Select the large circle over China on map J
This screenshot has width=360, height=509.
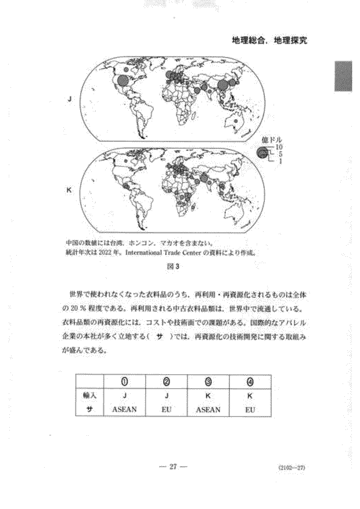[x=223, y=85]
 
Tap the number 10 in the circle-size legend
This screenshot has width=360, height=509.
[x=279, y=148]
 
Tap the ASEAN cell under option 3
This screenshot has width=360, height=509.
[x=208, y=409]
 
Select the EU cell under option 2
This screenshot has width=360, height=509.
[x=167, y=409]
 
